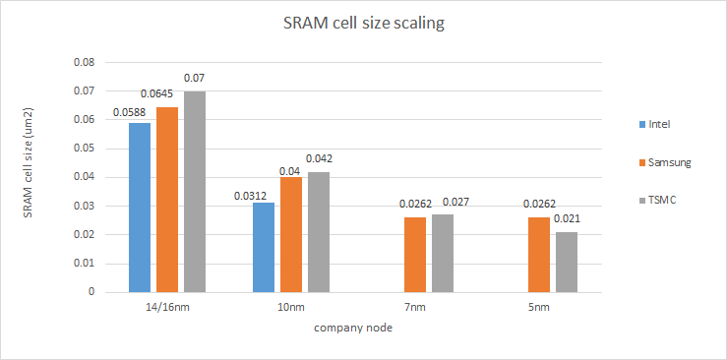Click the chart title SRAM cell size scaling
(x=363, y=24)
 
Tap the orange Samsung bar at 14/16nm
(x=167, y=200)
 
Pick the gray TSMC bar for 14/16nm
(x=195, y=192)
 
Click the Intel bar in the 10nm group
(x=264, y=247)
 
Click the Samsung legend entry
(x=669, y=162)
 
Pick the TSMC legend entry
(x=664, y=200)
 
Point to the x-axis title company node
(x=353, y=329)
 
